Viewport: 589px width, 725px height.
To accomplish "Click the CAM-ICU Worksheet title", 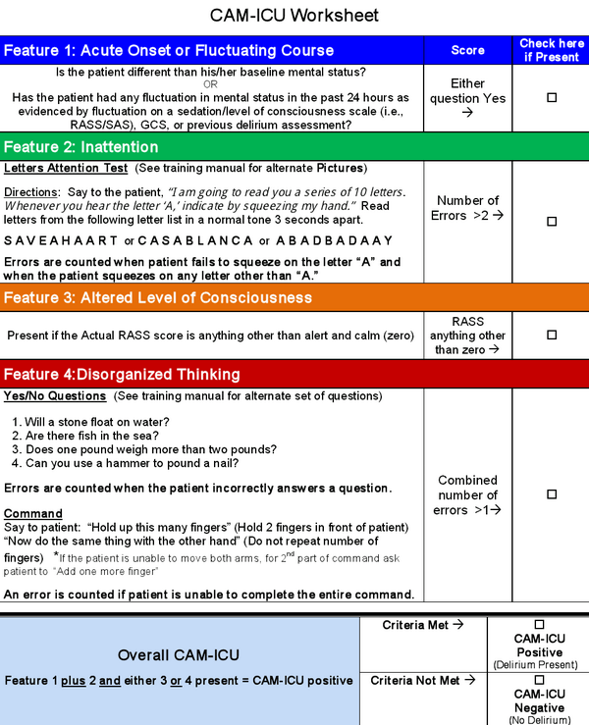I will coord(294,16).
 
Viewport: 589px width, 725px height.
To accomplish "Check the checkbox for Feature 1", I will coord(551,97).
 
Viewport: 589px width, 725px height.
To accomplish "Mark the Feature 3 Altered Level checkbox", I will coord(551,335).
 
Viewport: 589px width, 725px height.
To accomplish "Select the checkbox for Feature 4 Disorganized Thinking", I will coord(551,494).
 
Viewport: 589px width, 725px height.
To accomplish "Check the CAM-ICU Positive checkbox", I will coord(538,624).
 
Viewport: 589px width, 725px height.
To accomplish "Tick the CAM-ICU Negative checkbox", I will coord(538,679).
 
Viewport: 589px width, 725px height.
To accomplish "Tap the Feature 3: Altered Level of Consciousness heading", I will coord(159,297).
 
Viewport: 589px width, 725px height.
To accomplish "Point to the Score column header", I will coord(467,50).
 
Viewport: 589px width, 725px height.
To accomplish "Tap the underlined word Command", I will coord(33,513).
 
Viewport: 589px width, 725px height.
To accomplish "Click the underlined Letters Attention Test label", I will coord(66,169).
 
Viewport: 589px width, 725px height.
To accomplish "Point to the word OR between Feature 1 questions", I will coord(210,83).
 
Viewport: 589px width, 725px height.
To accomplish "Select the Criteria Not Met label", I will coord(423,679).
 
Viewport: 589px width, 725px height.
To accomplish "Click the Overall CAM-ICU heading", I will coord(179,655).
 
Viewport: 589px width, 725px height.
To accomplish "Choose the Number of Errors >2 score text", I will coord(467,208).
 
